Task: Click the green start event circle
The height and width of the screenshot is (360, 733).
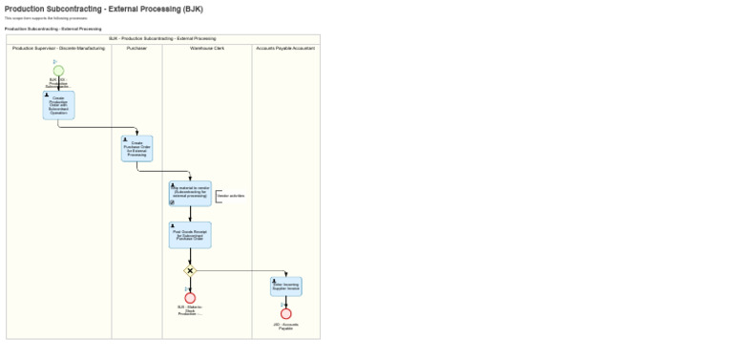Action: coord(58,71)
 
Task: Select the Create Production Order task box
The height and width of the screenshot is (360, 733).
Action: coord(58,105)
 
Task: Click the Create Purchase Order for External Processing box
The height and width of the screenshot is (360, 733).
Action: coord(136,148)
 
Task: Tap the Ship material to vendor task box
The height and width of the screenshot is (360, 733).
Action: coord(190,194)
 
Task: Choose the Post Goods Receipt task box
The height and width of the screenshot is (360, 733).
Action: coord(190,235)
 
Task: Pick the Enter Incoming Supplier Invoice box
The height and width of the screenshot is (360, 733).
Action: coord(285,286)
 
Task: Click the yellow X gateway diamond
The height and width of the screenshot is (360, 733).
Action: coord(190,271)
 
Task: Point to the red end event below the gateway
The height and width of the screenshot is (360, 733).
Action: coord(190,298)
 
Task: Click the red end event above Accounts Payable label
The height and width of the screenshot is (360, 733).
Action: coord(285,313)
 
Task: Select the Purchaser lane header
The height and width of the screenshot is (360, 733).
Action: coord(136,48)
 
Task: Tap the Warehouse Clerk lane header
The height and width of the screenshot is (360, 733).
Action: coord(207,48)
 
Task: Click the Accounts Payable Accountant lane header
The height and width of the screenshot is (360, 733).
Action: coord(285,48)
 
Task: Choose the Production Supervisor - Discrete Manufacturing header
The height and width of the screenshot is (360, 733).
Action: coord(58,48)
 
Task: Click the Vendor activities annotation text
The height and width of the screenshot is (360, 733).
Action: coord(231,196)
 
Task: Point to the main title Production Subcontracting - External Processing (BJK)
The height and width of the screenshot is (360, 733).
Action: coord(103,10)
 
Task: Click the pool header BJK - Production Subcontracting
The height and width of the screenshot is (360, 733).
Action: coord(162,38)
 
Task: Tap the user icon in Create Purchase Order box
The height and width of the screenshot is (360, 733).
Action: coord(125,139)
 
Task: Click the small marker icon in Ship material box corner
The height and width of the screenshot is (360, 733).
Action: coord(172,202)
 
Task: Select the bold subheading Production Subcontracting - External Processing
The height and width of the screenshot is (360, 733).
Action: coord(52,29)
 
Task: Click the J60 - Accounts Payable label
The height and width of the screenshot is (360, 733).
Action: coord(285,326)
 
